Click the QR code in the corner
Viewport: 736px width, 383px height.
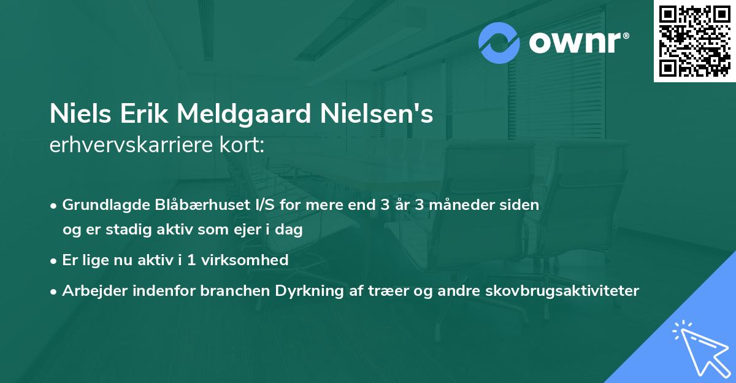[x=694, y=41]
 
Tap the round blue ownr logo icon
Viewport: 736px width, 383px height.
[x=499, y=43]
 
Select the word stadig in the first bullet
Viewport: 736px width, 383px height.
[x=129, y=230]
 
